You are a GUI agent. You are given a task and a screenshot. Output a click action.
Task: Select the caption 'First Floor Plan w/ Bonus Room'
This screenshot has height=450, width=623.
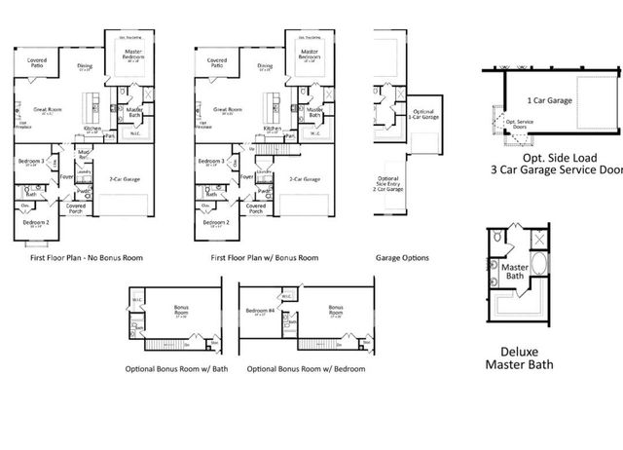coord(265,258)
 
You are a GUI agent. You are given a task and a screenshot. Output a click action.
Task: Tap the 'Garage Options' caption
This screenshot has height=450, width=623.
coord(401,258)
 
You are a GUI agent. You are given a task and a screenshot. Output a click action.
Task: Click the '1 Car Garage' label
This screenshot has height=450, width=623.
coord(550,100)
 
